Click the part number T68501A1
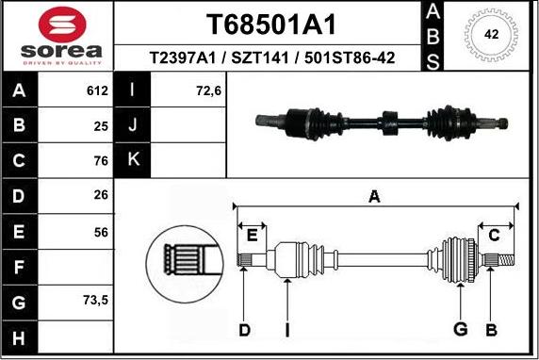pyautogui.click(x=270, y=25)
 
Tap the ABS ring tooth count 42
pyautogui.click(x=490, y=34)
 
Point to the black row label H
pyautogui.click(x=20, y=336)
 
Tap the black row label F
pyautogui.click(x=20, y=267)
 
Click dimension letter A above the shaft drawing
pyautogui.click(x=374, y=197)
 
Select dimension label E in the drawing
pyautogui.click(x=252, y=236)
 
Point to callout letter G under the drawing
pyautogui.click(x=461, y=329)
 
